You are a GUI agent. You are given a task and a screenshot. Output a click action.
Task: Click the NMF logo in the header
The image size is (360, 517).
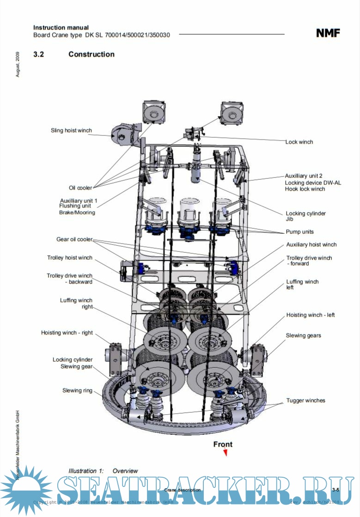point(328,33)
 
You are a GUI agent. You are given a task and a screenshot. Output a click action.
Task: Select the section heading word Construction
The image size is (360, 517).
point(92,54)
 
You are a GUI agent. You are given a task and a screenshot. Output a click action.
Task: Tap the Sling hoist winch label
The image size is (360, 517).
point(71,131)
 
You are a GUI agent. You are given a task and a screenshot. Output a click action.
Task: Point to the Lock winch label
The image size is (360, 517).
point(299,142)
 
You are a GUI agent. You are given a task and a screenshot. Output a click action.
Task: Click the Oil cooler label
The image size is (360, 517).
point(80,188)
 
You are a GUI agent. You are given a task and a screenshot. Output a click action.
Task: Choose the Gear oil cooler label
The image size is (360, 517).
point(74,239)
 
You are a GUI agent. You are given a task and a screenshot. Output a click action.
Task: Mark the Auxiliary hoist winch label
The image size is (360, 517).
point(311,244)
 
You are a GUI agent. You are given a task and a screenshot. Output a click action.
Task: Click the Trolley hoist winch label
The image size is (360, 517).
point(69,258)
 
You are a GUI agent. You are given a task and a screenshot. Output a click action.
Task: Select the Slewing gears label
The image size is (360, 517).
point(303,335)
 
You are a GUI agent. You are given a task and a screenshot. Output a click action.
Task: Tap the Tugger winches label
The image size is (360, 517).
point(305,401)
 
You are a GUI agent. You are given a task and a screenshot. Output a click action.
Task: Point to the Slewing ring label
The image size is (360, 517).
point(77,390)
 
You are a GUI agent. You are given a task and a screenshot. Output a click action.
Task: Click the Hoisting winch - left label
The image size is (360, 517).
point(311,315)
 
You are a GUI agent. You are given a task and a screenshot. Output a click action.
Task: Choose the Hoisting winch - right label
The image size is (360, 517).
point(67,333)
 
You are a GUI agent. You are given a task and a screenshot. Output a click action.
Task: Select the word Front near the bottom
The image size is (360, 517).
point(223,444)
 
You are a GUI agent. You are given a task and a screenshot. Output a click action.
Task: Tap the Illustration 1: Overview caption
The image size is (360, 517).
point(103,471)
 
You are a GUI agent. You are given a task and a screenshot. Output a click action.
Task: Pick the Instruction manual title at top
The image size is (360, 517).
point(61,28)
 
